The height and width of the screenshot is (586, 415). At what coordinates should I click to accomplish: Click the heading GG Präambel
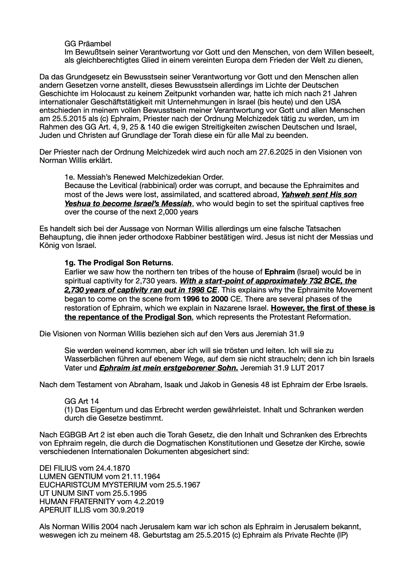click(x=88, y=44)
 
